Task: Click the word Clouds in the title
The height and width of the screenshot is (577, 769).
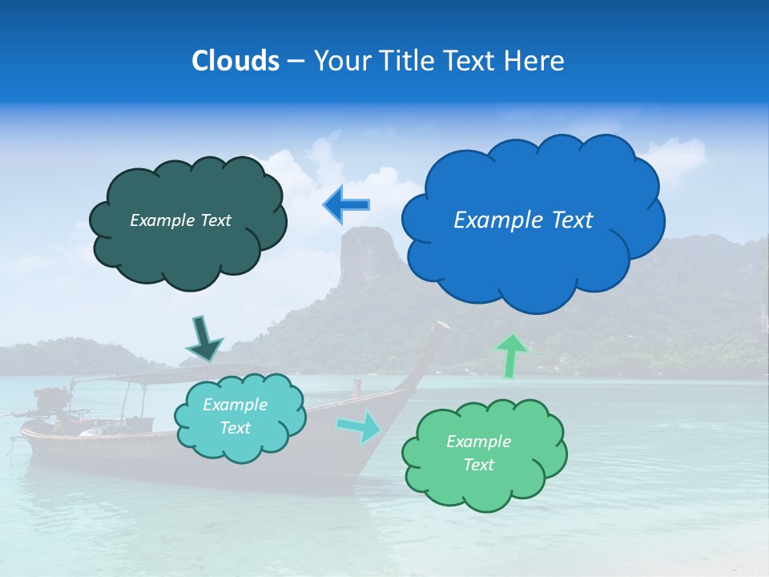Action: click(x=236, y=61)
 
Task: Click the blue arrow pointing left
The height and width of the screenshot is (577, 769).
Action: click(x=346, y=205)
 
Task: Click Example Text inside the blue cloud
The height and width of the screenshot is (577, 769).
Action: click(x=523, y=220)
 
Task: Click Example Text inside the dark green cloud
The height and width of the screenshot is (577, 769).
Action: click(x=180, y=220)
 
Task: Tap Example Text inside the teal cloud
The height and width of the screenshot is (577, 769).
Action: click(x=235, y=416)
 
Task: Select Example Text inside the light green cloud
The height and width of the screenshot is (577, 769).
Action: click(x=478, y=453)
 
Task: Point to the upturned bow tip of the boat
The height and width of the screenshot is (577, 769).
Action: click(x=441, y=326)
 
